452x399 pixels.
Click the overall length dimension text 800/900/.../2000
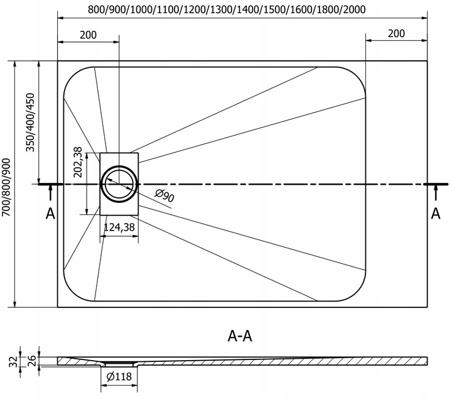227,9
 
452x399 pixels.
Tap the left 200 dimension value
89,35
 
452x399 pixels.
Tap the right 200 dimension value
396,33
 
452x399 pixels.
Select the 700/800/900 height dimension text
6,187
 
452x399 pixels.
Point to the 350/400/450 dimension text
30,122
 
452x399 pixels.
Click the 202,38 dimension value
78,162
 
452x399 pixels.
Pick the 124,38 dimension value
119,227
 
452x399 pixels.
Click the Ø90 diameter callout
164,195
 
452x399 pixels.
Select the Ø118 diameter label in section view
119,376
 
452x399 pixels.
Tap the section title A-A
240,336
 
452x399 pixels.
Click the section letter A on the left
50,214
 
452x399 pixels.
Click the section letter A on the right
436,214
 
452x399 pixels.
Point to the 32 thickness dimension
13,362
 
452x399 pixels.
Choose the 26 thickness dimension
32,361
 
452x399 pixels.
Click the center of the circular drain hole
119,183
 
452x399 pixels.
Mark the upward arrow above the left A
50,192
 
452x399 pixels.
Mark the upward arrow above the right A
436,192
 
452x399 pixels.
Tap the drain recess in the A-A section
119,364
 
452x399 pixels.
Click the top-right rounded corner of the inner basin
357,75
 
